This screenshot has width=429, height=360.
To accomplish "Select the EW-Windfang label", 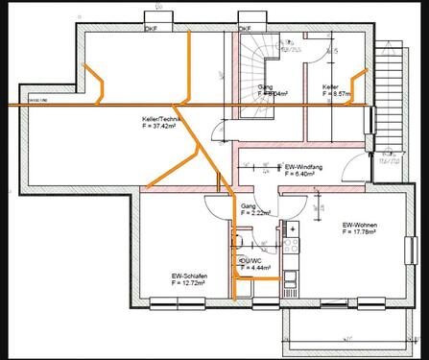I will (304, 167).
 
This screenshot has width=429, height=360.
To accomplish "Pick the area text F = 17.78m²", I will (357, 233).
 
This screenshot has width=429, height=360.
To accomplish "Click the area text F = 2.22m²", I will (254, 212).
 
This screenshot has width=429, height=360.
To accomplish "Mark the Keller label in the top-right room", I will (330, 87).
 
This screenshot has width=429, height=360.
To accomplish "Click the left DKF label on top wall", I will (151, 28).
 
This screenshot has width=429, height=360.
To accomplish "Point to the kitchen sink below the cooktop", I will (293, 256).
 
